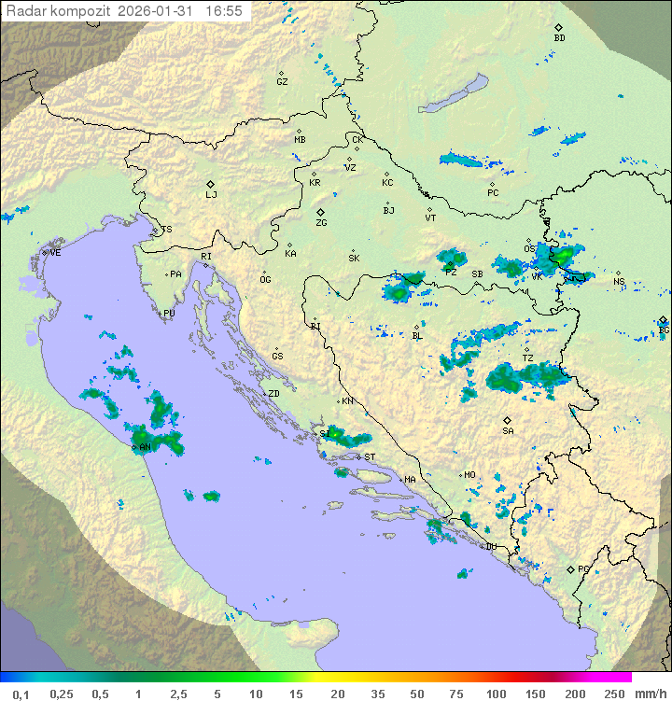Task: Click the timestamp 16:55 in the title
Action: [223, 11]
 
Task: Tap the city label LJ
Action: [211, 195]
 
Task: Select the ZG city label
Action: [321, 223]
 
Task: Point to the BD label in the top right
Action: [559, 38]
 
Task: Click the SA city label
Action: [508, 431]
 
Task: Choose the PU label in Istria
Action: [169, 314]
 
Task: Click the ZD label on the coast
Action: [273, 394]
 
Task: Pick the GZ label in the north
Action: [282, 82]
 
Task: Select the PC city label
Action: [493, 193]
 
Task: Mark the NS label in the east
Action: [619, 282]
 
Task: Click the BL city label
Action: [417, 336]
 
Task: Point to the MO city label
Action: [469, 475]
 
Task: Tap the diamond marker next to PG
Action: [570, 569]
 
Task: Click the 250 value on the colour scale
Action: [614, 694]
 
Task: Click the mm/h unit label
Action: [647, 694]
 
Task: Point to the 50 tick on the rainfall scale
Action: [416, 694]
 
